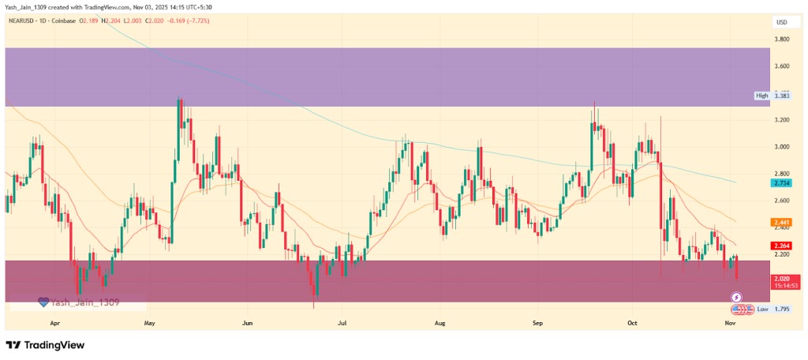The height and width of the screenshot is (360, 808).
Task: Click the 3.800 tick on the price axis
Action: [782, 39]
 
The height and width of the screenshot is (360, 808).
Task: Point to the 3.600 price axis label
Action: [782, 66]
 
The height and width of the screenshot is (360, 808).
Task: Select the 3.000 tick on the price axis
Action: [782, 147]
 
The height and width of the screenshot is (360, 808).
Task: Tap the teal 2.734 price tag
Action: [782, 182]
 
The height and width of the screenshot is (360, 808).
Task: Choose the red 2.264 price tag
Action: [782, 246]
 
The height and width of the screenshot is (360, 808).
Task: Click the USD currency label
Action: [781, 22]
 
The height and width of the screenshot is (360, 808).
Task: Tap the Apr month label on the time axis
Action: [55, 323]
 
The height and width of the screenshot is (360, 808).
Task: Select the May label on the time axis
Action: [150, 323]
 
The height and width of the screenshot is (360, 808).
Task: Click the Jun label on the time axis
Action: [248, 323]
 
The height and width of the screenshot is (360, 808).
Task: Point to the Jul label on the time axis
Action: [342, 323]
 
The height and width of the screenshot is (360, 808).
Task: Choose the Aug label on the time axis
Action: [440, 323]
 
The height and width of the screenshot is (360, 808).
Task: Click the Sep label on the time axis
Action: [538, 323]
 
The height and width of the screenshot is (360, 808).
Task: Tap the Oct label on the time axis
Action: [633, 323]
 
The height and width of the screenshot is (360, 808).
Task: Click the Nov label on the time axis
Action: [731, 323]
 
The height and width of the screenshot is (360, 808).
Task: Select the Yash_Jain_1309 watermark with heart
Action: [79, 302]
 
